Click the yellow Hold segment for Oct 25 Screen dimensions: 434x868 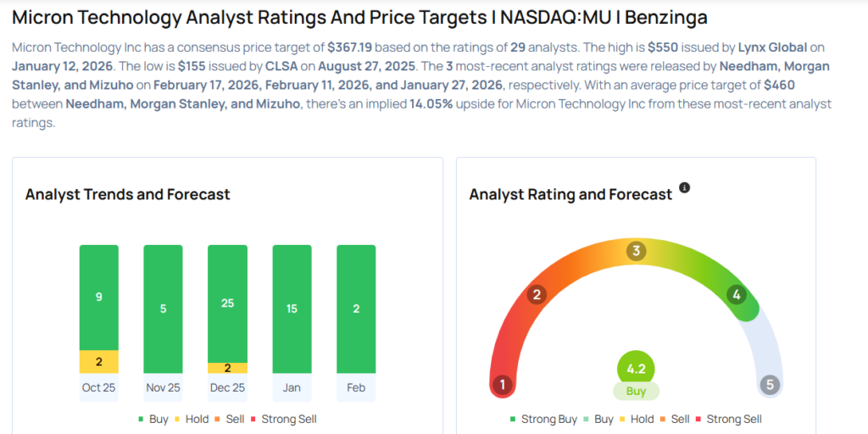point(99,362)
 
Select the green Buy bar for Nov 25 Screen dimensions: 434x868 point(164,309)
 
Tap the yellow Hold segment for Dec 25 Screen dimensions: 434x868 point(227,368)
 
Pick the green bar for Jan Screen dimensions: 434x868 point(292,309)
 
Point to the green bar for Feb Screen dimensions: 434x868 point(356,309)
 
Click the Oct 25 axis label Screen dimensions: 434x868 point(99,387)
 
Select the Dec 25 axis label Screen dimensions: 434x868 point(227,387)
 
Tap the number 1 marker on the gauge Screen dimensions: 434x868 point(503,386)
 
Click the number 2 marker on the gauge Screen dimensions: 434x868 point(536,295)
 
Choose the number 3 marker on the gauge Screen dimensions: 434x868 point(637,251)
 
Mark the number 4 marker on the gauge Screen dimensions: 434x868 point(737,295)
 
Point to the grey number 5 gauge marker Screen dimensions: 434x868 point(770,386)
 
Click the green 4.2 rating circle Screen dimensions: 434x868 point(636,370)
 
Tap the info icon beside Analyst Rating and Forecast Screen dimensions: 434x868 point(685,187)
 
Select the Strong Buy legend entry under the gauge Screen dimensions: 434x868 point(543,419)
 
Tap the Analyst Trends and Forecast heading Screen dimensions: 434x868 point(128,194)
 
